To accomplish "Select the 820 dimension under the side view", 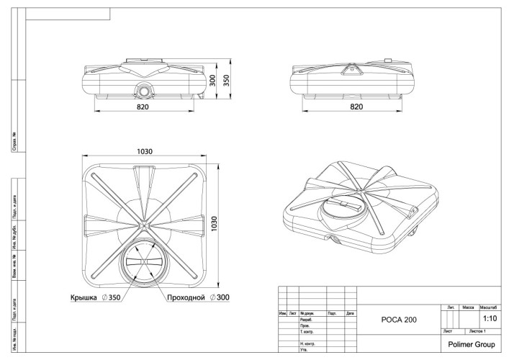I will point(356,106).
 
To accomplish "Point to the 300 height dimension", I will point(212,81).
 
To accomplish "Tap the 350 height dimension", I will point(226,81).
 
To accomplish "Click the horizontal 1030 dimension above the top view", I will point(145,152).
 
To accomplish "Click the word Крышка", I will point(84,297).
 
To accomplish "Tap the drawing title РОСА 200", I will point(396,319).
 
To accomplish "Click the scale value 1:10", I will point(490,318).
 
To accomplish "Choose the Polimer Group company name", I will point(471,345).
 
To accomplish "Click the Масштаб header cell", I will point(490,307).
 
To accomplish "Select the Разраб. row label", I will point(306,320).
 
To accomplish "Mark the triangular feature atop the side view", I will point(353,70).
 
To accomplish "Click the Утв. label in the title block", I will point(304,350).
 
